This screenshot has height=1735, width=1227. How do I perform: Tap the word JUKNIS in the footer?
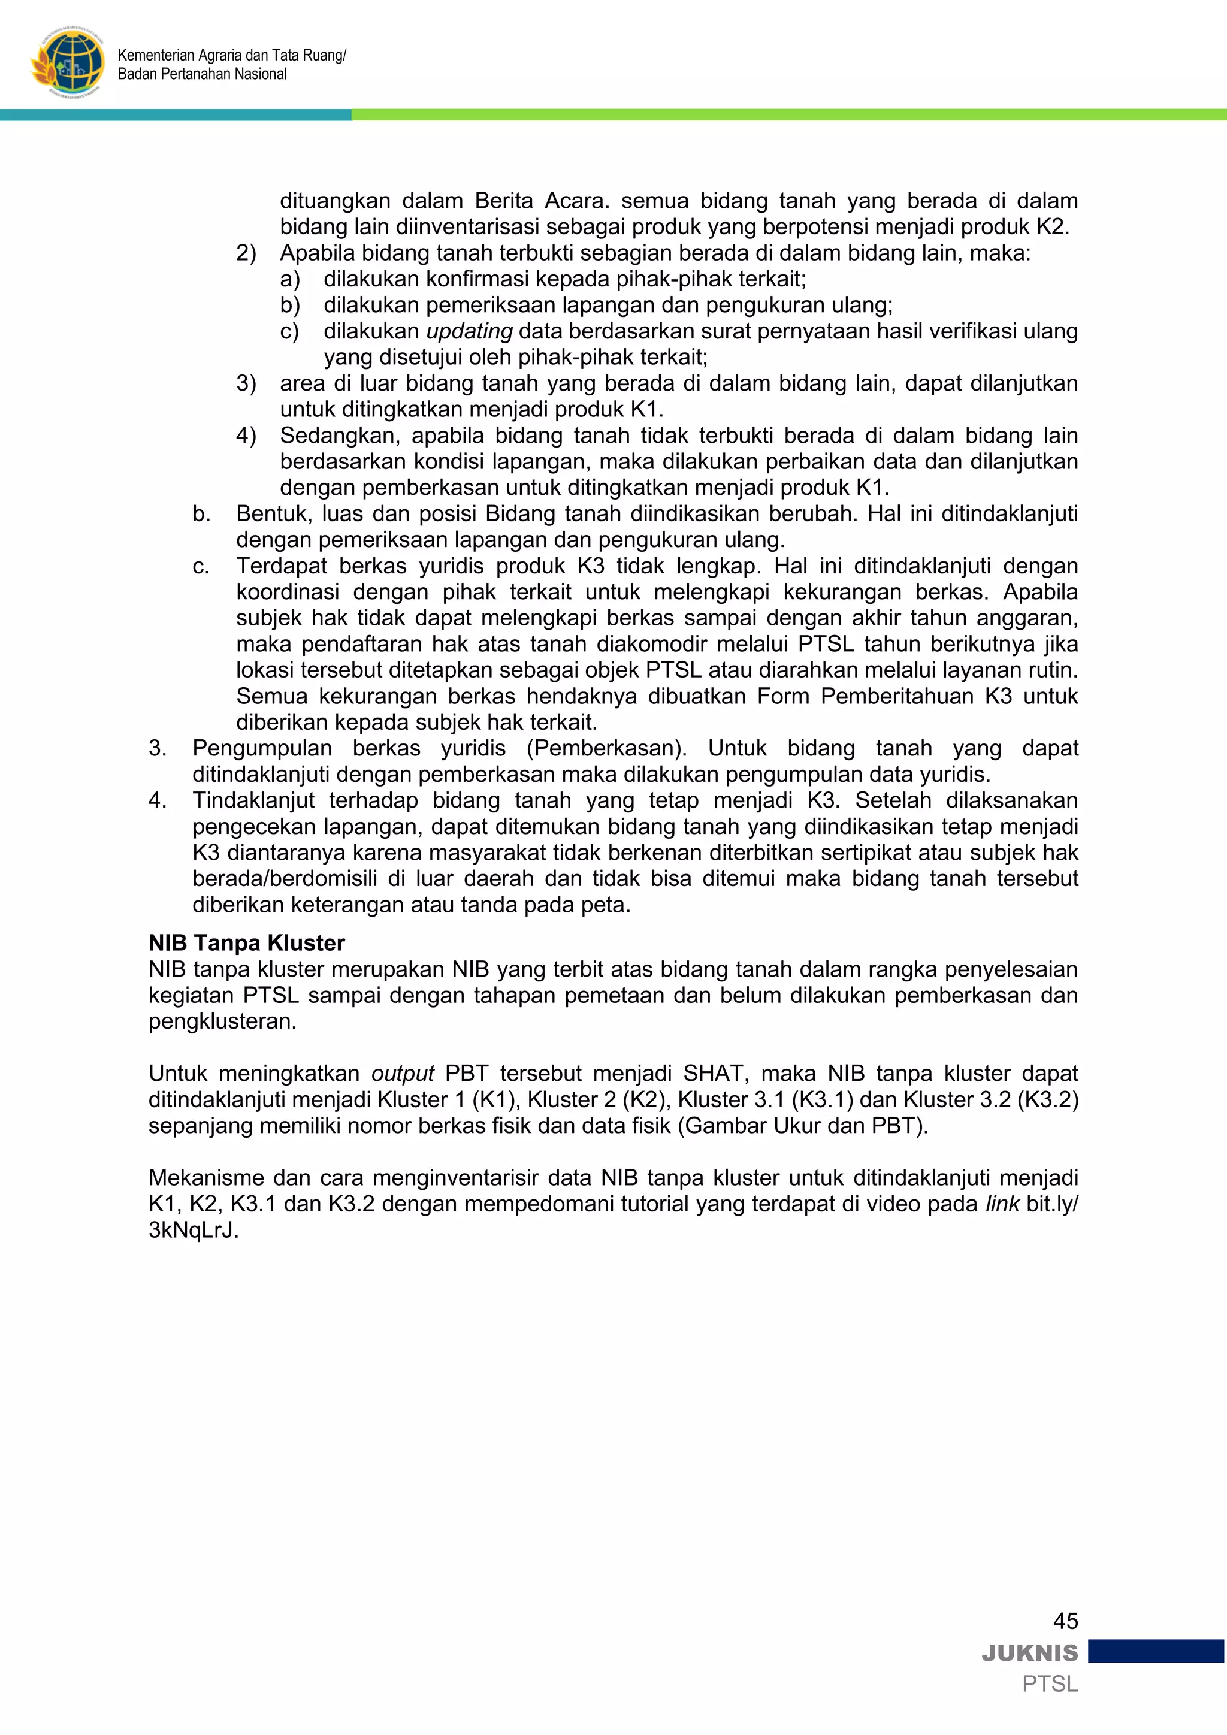[x=1030, y=1653]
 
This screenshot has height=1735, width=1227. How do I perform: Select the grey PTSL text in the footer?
[x=1050, y=1683]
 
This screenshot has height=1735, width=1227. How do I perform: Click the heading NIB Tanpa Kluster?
[x=246, y=942]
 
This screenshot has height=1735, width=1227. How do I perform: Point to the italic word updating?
[x=469, y=331]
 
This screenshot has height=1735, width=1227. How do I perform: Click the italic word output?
[x=402, y=1073]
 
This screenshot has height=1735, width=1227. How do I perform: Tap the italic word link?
[x=1002, y=1203]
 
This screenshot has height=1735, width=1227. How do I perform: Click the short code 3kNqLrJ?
[x=193, y=1229]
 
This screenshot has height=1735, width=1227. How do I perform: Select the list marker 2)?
[x=246, y=253]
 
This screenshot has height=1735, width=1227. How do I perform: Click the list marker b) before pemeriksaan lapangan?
[x=290, y=306]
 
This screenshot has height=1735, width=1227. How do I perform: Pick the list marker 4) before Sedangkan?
[x=246, y=436]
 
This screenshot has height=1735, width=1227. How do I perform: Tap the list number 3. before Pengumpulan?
[x=157, y=748]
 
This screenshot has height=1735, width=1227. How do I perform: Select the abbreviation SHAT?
[x=712, y=1073]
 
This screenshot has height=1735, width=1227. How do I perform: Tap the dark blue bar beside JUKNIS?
[x=1155, y=1651]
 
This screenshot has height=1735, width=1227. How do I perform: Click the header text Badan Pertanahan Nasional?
[x=203, y=74]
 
